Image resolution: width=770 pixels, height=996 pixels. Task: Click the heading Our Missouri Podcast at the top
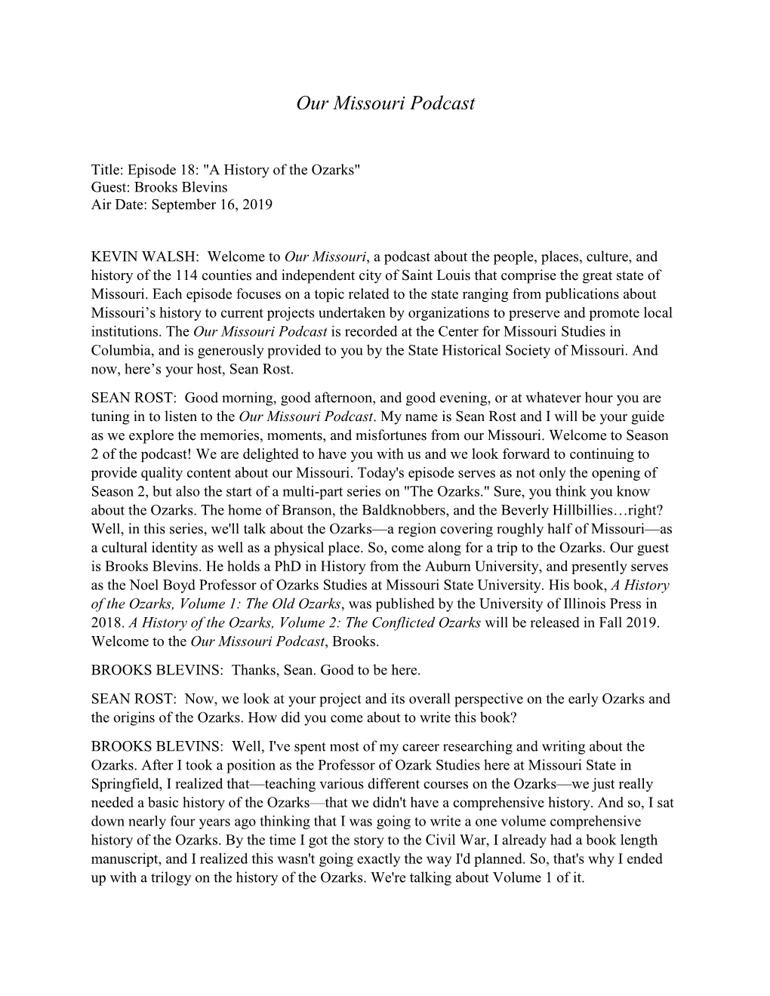click(385, 103)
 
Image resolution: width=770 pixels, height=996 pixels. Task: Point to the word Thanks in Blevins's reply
click(256, 669)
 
